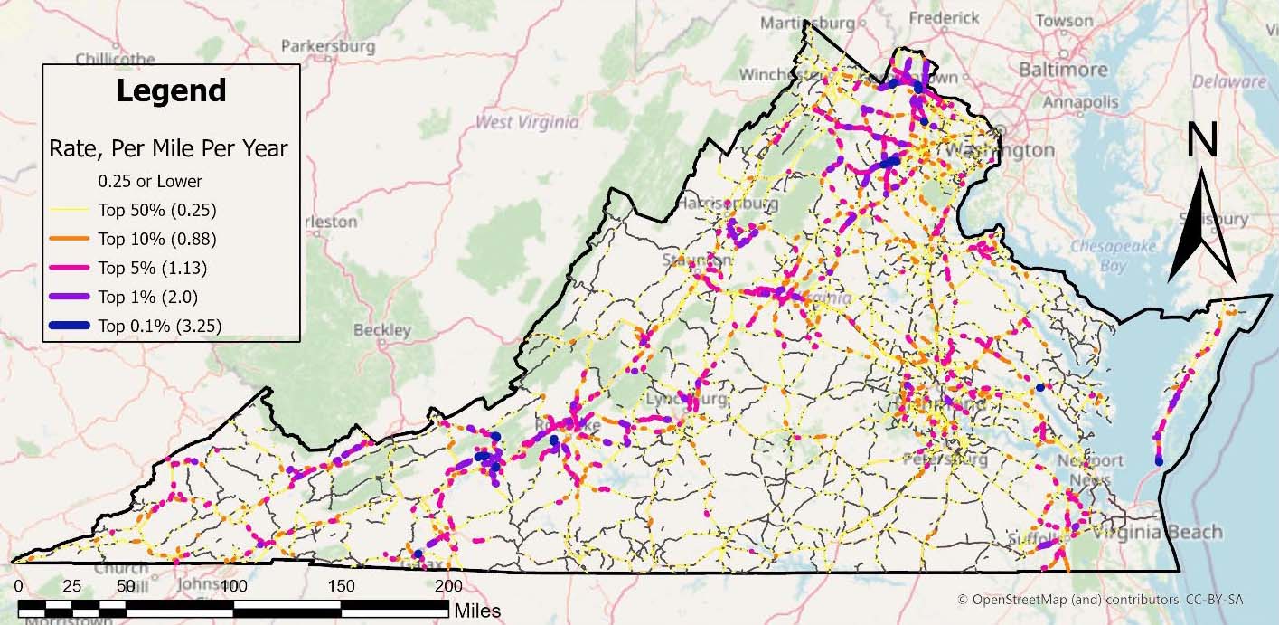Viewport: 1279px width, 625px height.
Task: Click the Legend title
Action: [171, 90]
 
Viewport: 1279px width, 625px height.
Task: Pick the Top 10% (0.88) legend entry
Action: [156, 240]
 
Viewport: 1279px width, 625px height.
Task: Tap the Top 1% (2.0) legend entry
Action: [147, 297]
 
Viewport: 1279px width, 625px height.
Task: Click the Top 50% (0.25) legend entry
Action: [156, 211]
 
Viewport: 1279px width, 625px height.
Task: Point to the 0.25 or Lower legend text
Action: [150, 181]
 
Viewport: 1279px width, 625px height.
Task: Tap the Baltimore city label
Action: [1063, 70]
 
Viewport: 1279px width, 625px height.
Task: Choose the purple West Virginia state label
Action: [528, 121]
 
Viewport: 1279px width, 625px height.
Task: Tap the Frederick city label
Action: [944, 18]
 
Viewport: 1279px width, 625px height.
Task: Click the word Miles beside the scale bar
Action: [477, 611]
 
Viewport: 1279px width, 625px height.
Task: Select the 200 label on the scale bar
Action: [448, 586]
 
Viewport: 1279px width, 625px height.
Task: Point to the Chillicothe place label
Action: [116, 59]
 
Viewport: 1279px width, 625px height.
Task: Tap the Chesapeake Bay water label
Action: [1100, 255]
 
